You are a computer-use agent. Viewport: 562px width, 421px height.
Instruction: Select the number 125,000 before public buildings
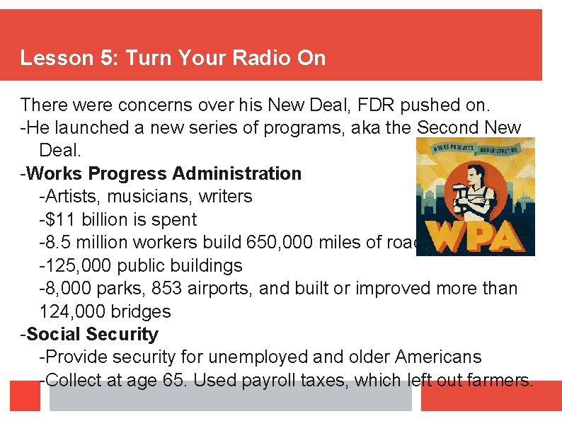pyautogui.click(x=74, y=265)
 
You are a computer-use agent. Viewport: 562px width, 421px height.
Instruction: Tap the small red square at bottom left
pyautogui.click(x=25, y=396)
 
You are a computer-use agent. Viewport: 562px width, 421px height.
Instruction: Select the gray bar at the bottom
pyautogui.click(x=230, y=398)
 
